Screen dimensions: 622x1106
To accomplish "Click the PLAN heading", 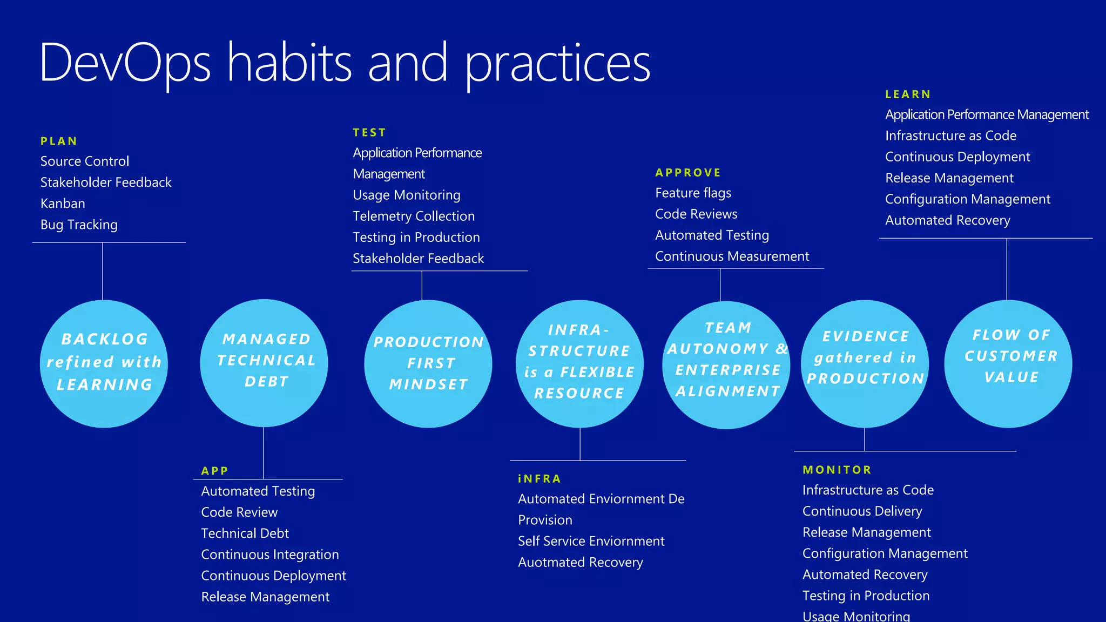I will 59,141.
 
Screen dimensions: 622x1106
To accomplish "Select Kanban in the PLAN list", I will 63,204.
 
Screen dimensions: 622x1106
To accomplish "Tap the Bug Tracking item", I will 79,225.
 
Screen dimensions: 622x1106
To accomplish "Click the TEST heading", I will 369,133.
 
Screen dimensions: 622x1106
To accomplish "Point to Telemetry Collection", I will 414,216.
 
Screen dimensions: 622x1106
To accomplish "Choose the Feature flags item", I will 693,193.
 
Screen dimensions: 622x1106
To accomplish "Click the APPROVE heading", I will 688,173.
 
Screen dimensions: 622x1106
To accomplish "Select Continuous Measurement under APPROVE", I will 732,256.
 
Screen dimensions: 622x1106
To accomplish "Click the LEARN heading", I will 908,94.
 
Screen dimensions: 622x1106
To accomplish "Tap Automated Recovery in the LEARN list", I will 947,220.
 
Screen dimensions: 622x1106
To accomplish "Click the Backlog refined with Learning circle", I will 104,363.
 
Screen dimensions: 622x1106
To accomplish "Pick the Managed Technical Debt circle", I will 264,363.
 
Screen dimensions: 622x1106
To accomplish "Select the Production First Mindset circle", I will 428,363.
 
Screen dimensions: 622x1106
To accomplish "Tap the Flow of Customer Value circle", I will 1008,363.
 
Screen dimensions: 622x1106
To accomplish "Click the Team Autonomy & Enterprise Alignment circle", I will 726,364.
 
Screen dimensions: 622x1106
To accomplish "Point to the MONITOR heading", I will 837,470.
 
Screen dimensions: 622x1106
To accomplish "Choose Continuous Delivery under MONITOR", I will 862,511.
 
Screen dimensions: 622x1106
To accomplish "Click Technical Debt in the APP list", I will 245,533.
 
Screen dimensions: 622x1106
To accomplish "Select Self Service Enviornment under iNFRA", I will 591,541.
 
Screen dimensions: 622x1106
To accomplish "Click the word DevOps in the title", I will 125,64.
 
